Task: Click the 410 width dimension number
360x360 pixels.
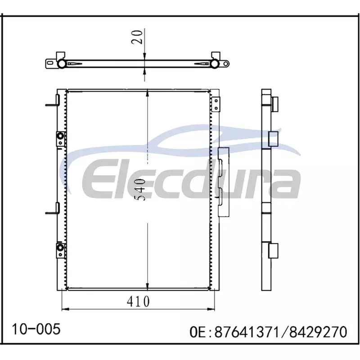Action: coord(138,301)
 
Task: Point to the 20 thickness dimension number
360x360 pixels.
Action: coord(137,37)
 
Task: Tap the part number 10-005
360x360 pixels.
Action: coord(36,329)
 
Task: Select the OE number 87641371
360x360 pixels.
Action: coord(247,332)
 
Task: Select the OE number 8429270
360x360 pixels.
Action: coord(318,332)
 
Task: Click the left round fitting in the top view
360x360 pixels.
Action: coord(62,63)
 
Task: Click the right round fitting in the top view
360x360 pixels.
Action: coord(214,63)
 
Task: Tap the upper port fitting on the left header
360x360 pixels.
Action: coord(60,139)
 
